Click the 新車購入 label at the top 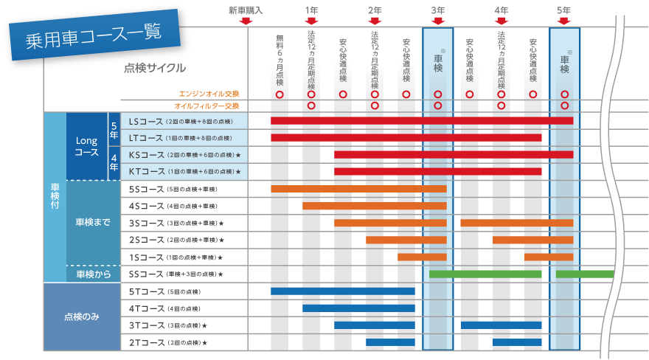246,10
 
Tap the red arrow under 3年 437,21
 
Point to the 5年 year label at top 564,10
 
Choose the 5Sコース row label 170,189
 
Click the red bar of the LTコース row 406,137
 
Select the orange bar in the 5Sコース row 358,189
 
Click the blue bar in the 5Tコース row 342,291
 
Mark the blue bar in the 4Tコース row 358,308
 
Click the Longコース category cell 86,146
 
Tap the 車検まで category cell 92,222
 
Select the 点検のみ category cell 82,316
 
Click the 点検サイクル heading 154,69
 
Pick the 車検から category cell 92,274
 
